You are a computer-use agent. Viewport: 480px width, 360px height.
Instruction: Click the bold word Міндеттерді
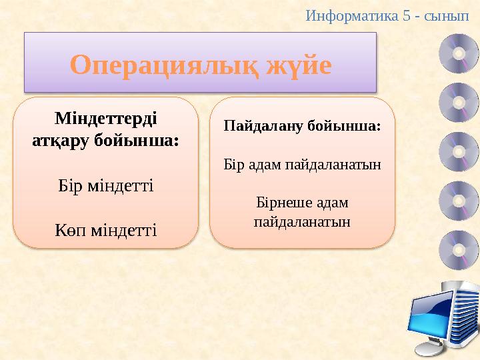pyautogui.click(x=105, y=119)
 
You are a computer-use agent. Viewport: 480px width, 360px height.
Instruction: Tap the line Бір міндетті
pyautogui.click(x=105, y=185)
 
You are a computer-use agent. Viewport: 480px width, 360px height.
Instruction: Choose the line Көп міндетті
pyautogui.click(x=105, y=230)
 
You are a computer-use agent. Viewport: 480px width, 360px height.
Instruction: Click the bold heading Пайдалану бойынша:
pyautogui.click(x=302, y=125)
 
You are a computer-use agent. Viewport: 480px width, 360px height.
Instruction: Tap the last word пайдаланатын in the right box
pyautogui.click(x=302, y=220)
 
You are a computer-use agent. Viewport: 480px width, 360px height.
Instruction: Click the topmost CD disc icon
pyautogui.click(x=458, y=54)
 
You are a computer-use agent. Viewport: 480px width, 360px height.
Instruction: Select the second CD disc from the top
pyautogui.click(x=458, y=103)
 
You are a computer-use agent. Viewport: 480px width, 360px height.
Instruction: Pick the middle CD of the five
pyautogui.click(x=458, y=152)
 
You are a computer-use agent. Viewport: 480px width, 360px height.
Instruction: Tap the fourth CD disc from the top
pyautogui.click(x=458, y=201)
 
